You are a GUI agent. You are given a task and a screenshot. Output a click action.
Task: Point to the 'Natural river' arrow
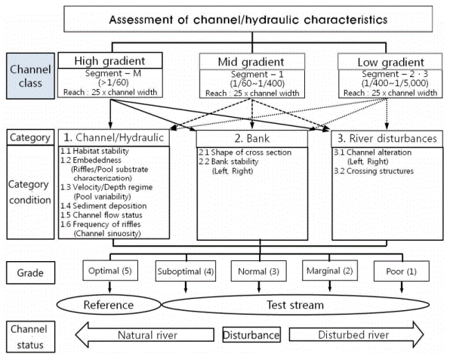[x=145, y=334]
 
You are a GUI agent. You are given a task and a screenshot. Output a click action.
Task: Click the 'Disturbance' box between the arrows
[x=251, y=334]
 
